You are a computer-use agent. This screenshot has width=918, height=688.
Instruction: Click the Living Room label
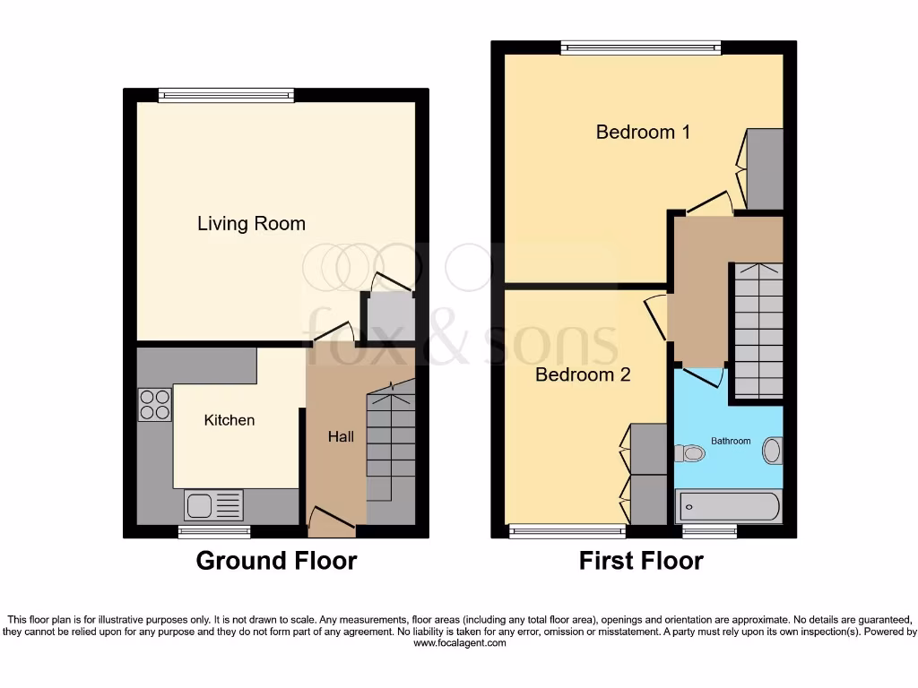[251, 224]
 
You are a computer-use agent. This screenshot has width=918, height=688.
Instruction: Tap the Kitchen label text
[229, 420]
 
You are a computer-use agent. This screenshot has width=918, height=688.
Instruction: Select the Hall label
[341, 437]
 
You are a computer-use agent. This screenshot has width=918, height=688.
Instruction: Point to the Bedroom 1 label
[643, 133]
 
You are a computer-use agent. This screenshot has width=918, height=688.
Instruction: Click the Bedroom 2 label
[583, 374]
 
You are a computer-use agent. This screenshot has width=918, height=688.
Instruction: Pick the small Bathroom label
[731, 441]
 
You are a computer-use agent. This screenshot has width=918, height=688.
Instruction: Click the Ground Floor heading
[276, 562]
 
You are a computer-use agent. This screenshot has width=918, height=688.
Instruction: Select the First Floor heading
[641, 562]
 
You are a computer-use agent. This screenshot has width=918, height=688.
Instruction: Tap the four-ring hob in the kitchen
[154, 404]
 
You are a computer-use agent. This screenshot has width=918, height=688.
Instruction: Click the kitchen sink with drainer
[213, 506]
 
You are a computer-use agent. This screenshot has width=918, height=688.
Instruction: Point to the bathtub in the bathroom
[728, 507]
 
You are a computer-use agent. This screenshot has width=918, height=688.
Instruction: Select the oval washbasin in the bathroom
[772, 450]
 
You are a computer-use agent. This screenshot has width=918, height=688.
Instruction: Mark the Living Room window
[226, 94]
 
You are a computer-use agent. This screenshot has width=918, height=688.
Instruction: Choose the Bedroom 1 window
[641, 47]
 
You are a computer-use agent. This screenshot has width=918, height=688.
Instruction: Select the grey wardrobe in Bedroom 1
[765, 168]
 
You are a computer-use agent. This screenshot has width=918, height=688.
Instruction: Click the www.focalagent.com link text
[459, 643]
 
